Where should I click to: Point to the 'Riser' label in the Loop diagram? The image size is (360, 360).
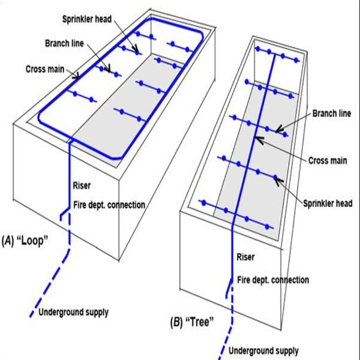point(82,185)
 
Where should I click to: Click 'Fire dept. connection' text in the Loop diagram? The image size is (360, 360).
point(109,205)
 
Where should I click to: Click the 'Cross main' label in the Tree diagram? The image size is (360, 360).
point(327,161)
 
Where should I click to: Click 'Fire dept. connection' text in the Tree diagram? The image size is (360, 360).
point(273,280)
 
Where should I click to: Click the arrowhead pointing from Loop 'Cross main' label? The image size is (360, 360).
point(77,76)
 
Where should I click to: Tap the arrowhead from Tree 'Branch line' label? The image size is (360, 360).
point(278,128)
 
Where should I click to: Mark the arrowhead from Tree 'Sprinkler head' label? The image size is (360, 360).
point(277,178)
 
